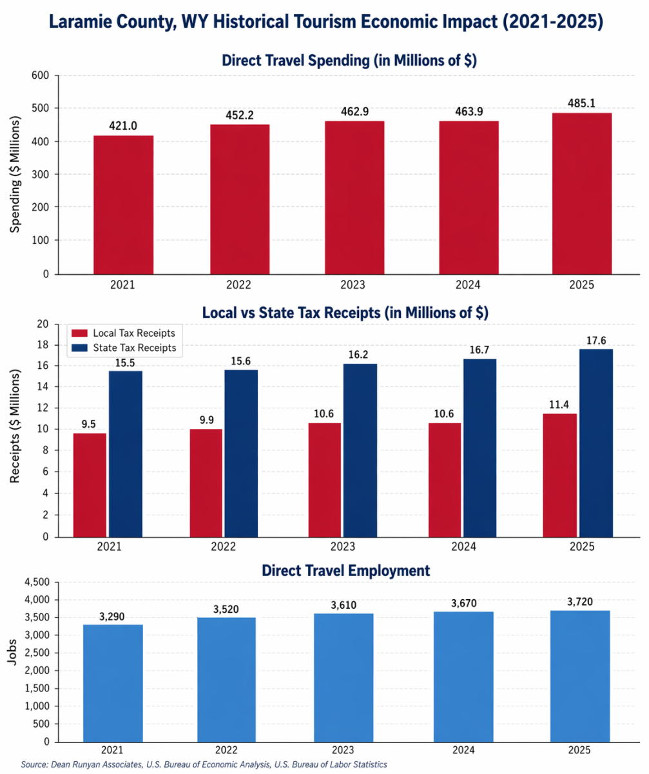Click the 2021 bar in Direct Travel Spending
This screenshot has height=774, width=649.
coord(123,204)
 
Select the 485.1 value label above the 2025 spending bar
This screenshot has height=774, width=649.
coord(582,103)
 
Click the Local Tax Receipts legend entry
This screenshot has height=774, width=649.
coord(134,333)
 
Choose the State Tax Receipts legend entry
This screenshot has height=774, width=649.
coord(134,348)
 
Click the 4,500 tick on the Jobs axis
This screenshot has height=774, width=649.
coord(36,582)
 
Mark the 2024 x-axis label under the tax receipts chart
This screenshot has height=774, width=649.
coord(463,547)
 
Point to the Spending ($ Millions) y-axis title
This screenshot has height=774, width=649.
coord(16,175)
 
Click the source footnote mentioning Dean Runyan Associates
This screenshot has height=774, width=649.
coord(204,764)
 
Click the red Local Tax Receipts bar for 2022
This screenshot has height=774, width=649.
coord(206,482)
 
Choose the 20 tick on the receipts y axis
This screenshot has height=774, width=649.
coord(43,324)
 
